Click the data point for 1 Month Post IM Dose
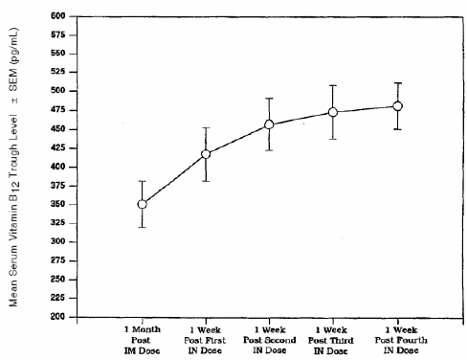coord(143,204)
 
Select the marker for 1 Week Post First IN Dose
coord(206,153)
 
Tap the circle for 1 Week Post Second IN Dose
coord(269,124)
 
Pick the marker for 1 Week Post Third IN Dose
coord(333,112)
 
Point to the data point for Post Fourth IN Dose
coord(397,106)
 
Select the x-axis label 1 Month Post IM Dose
coord(143,337)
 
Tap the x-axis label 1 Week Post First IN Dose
coord(206,337)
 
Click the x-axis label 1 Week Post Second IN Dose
coord(269,337)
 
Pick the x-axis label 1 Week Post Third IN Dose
coord(333,337)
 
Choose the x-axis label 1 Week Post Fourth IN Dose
coord(397,337)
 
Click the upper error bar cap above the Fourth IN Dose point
coord(397,83)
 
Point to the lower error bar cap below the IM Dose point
coord(143,227)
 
